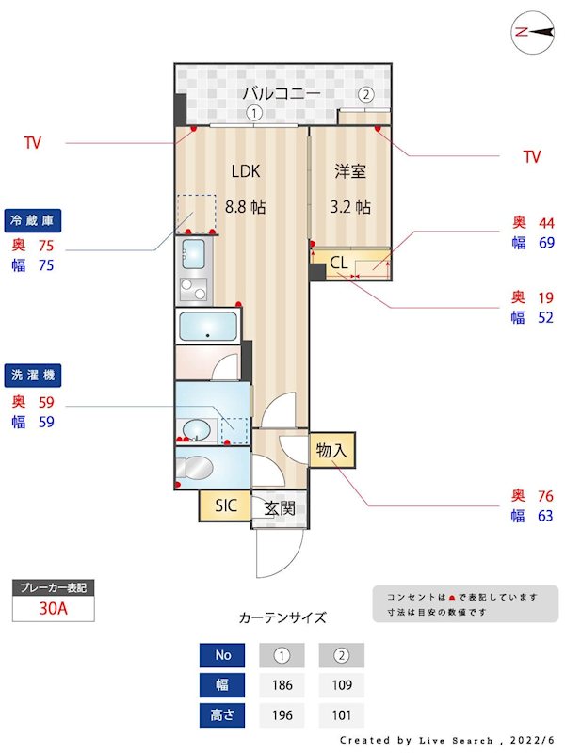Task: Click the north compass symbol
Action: [532, 32]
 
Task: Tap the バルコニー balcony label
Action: [282, 93]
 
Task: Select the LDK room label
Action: [246, 171]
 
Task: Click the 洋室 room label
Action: [350, 171]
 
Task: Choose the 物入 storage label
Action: [331, 451]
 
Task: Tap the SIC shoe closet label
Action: [225, 505]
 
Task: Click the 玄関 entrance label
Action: [280, 508]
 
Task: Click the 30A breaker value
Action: [54, 608]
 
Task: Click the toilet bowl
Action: [199, 467]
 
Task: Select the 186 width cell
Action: [282, 684]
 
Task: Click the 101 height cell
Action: [341, 715]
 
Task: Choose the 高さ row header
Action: [222, 715]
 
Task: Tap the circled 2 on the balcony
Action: [365, 94]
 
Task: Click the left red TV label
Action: [33, 143]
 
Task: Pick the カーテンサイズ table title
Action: [282, 617]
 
